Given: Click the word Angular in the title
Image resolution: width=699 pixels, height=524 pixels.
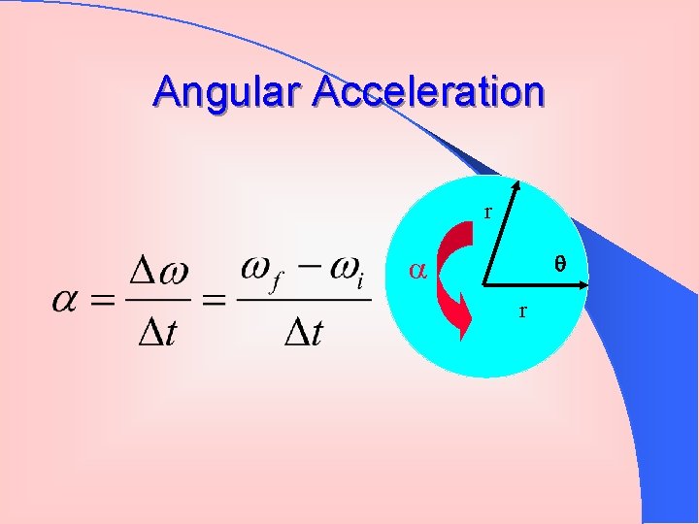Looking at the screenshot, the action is tap(228, 93).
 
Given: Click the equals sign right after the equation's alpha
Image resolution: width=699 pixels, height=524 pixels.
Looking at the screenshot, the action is tap(102, 302).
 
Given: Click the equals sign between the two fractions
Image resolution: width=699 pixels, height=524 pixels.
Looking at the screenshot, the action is tap(214, 302).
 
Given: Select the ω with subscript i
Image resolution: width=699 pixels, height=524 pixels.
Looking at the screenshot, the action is tap(344, 271).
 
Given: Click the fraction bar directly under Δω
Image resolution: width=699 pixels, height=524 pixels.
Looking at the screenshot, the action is tap(160, 300).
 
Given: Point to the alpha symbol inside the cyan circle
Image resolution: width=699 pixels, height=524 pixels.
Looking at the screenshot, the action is tap(417, 272).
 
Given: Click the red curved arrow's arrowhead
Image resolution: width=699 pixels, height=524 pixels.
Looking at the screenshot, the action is tap(455, 315).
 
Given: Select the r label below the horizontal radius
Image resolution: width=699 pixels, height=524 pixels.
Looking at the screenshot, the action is tap(522, 311).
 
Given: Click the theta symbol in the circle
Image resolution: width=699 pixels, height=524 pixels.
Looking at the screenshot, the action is tap(558, 262).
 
